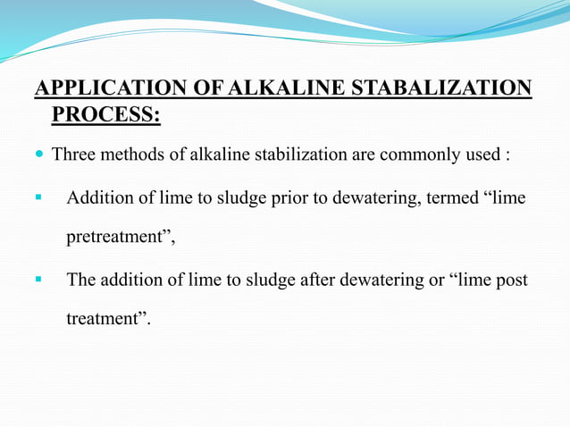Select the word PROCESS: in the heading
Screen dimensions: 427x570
click(x=106, y=115)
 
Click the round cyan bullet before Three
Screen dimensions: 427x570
click(x=40, y=155)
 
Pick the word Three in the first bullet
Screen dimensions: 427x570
click(x=74, y=155)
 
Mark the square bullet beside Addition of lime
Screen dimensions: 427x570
click(x=38, y=197)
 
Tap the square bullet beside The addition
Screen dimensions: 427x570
click(x=38, y=279)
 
